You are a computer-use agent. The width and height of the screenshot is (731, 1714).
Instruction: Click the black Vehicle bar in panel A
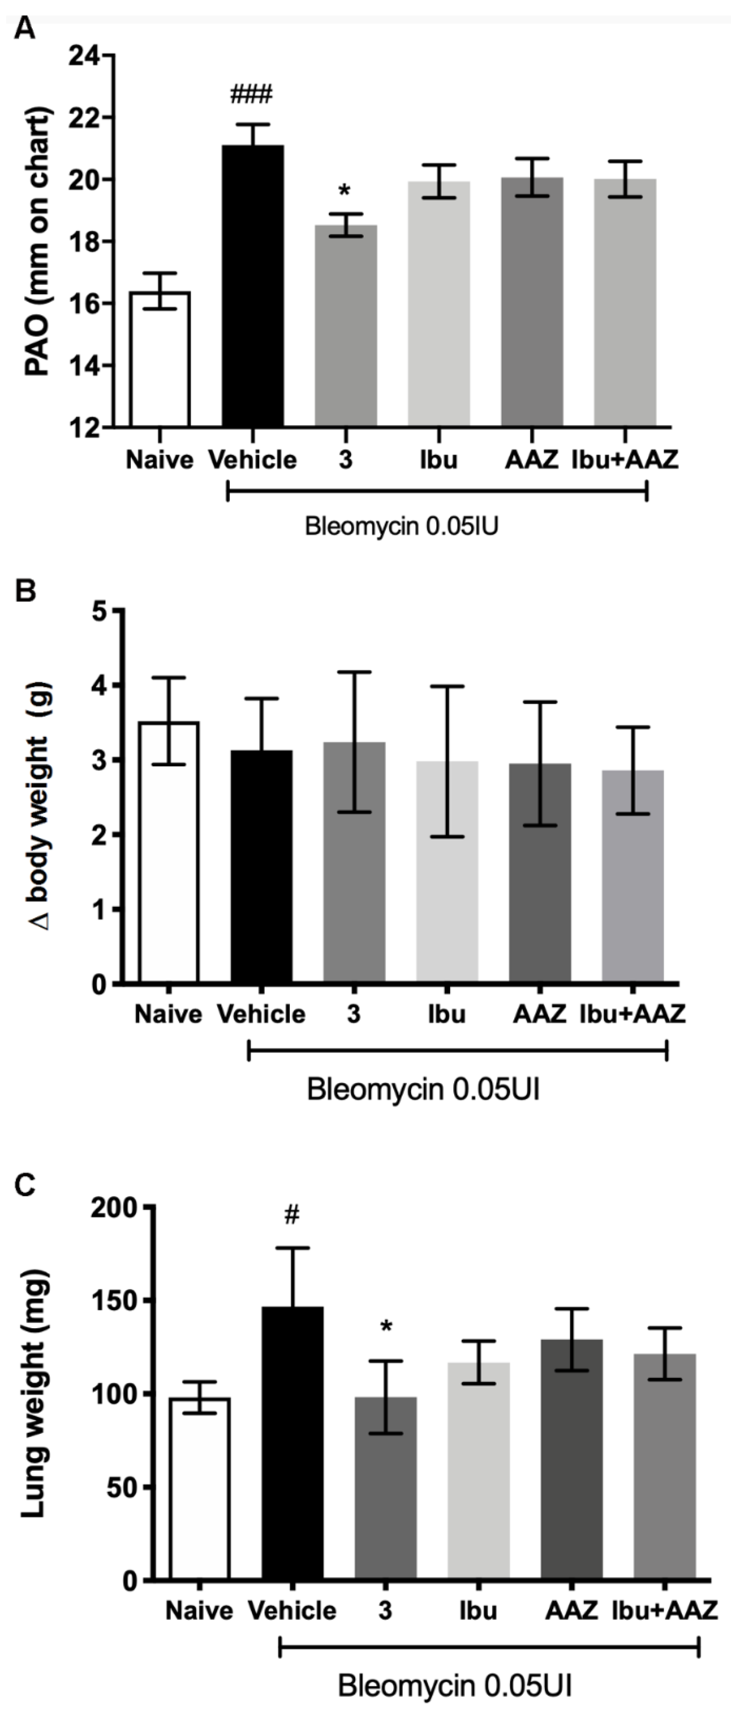(253, 286)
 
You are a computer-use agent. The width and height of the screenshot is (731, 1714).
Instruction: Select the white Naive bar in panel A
(160, 359)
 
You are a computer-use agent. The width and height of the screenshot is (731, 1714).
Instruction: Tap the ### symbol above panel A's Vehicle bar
(252, 94)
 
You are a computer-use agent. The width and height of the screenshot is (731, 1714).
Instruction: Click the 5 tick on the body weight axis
(101, 611)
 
